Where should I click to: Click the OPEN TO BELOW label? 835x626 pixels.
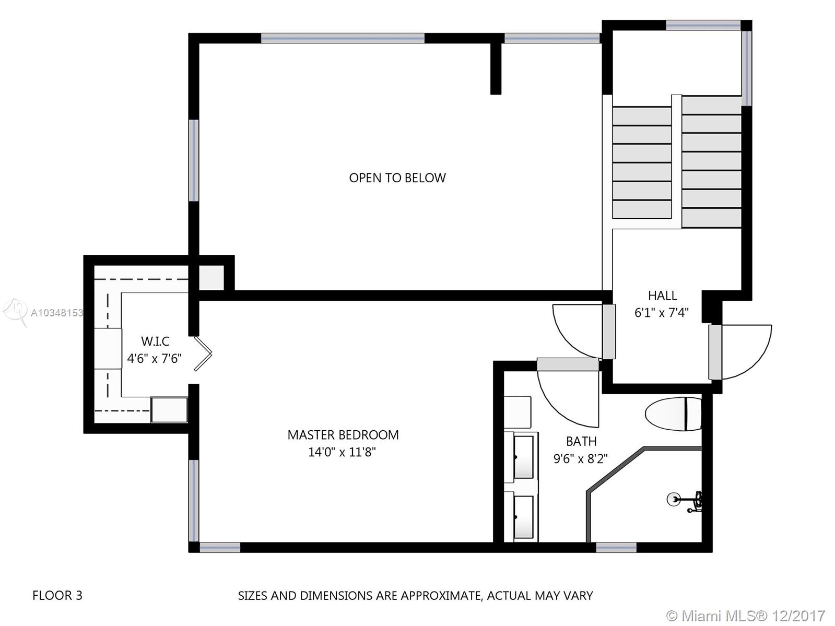[397, 178]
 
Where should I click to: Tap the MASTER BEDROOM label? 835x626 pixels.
[343, 435]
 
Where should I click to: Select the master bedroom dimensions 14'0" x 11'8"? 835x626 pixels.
[342, 452]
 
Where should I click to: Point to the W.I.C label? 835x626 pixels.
[155, 341]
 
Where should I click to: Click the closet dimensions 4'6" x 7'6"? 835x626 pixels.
[154, 358]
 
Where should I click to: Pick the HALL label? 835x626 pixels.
[662, 296]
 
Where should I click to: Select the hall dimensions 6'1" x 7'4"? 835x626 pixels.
[662, 313]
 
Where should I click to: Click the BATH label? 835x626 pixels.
[581, 441]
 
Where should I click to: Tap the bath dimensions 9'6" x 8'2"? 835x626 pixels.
[581, 458]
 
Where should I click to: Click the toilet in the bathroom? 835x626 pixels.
[673, 414]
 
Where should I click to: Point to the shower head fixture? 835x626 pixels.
[685, 501]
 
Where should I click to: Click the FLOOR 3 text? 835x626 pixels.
[57, 595]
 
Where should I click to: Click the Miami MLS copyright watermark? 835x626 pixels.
[746, 615]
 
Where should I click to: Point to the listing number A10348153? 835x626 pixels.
[57, 313]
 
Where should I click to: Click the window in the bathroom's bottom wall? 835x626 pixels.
[616, 547]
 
